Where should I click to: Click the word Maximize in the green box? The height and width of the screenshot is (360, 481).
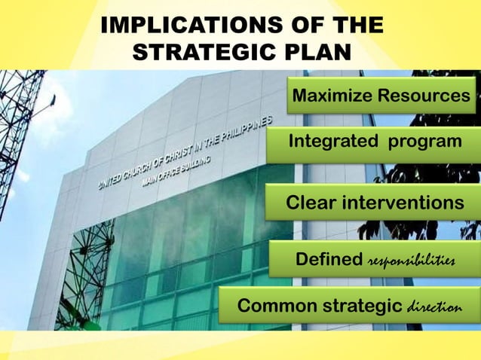pos(333,96)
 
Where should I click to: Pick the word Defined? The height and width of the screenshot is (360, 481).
pos(329,260)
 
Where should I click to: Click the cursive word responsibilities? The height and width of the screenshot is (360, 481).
pos(412,261)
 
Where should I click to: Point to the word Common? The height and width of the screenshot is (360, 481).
pos(270,307)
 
